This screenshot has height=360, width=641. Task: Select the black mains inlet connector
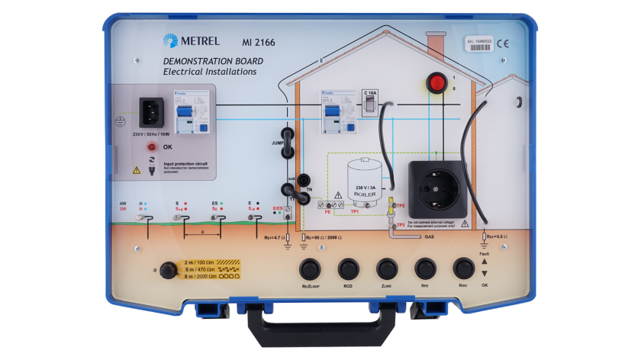[152, 113]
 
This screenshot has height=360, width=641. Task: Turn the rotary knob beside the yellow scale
[166, 271]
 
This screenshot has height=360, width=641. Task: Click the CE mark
[503, 43]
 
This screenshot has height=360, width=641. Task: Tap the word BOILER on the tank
[363, 193]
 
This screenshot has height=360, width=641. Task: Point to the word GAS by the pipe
[429, 237]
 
